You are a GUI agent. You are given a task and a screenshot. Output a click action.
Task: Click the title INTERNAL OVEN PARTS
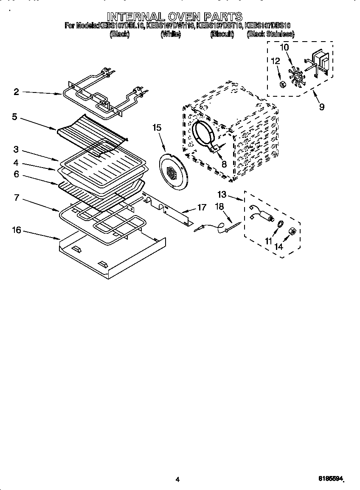(x=174, y=17)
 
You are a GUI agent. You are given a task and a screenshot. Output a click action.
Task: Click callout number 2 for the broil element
(x=16, y=92)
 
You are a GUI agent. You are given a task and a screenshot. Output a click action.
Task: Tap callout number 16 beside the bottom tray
(x=16, y=230)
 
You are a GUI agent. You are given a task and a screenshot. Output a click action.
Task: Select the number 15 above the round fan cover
(x=157, y=127)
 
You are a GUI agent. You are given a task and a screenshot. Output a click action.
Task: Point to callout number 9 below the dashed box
(x=321, y=107)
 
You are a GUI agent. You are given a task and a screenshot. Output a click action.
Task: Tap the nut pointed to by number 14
(x=292, y=231)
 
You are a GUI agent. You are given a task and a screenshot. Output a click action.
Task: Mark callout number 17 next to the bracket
(x=202, y=207)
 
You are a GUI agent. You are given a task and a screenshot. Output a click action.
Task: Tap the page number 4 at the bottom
(x=178, y=479)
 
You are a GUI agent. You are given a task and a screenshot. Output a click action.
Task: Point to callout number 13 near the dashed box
(x=222, y=195)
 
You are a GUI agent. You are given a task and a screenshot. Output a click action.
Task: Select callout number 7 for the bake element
(x=17, y=198)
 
